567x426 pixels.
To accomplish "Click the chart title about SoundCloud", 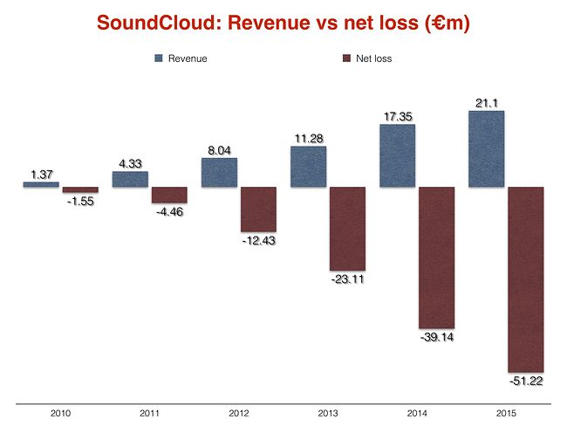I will pyautogui.click(x=283, y=24).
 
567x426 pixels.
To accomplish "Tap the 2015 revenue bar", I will pyautogui.click(x=486, y=148).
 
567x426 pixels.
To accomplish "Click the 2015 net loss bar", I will pyautogui.click(x=526, y=279).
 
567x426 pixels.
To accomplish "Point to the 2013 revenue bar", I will pyautogui.click(x=308, y=166).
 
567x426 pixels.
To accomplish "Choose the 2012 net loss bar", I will pyautogui.click(x=258, y=210).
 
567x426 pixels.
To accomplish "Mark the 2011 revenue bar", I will pyautogui.click(x=130, y=179).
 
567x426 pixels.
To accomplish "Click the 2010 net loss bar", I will pyautogui.click(x=80, y=189).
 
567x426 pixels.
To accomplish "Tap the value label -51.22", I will pyautogui.click(x=526, y=381).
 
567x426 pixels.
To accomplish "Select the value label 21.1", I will pyautogui.click(x=486, y=103).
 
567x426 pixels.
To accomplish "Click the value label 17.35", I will pyautogui.click(x=397, y=116).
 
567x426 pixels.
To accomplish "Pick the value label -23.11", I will pyautogui.click(x=348, y=279).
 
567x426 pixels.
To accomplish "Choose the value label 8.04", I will pyautogui.click(x=219, y=150).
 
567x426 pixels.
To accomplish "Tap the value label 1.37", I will pyautogui.click(x=41, y=175).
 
